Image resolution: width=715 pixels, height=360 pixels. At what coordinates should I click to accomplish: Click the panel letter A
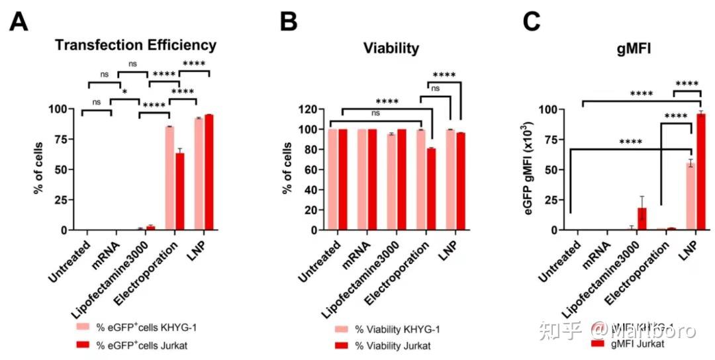[x=19, y=22]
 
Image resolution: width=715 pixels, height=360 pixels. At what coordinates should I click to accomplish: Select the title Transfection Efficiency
[x=136, y=46]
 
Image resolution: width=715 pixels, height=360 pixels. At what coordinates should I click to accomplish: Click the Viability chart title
[x=391, y=48]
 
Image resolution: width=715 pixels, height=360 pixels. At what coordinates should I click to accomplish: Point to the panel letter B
[x=289, y=22]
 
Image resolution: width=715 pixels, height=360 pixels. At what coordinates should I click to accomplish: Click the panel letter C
[x=534, y=22]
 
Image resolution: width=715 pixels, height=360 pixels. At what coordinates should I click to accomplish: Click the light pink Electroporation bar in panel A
[x=169, y=178]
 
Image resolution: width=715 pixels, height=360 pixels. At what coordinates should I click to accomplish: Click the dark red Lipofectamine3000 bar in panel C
[x=642, y=219]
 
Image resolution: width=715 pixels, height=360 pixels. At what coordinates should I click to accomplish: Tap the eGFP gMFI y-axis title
[x=526, y=169]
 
